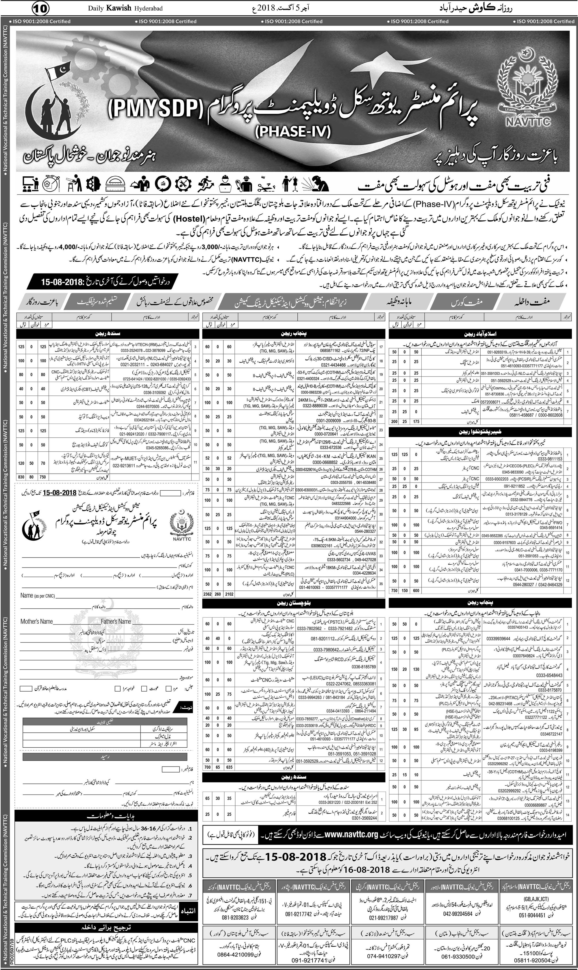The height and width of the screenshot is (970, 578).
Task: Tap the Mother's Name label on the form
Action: (37, 621)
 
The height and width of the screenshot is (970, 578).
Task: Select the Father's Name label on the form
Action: (116, 621)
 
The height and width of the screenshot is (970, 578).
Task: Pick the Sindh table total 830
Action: (21, 477)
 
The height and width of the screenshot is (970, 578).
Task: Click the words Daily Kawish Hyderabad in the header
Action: (125, 8)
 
